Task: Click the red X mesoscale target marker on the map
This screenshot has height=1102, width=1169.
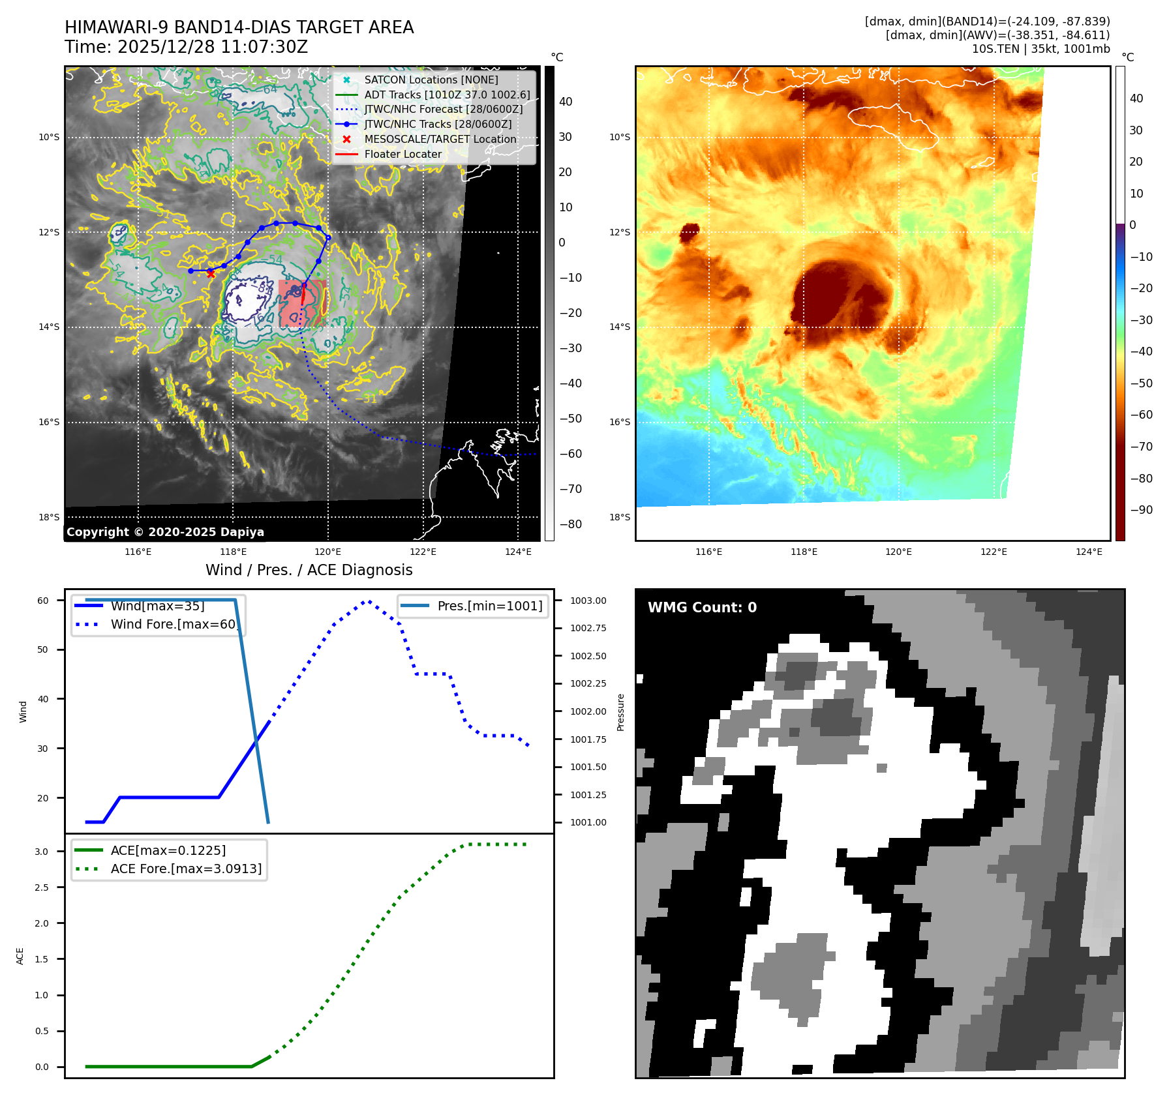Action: click(x=211, y=274)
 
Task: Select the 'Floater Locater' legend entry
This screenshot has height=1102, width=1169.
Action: click(x=402, y=155)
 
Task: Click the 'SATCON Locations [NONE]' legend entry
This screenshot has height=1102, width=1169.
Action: click(x=431, y=80)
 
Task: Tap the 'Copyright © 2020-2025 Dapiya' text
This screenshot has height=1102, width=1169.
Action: click(x=165, y=532)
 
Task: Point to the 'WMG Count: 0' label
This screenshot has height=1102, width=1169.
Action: click(x=702, y=608)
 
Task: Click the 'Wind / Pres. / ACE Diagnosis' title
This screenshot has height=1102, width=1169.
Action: click(x=309, y=570)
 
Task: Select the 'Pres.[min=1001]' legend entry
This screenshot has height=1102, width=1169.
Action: click(x=489, y=606)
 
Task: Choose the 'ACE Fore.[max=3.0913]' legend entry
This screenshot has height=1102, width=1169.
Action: click(x=186, y=869)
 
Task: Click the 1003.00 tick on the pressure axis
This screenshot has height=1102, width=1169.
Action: click(x=588, y=601)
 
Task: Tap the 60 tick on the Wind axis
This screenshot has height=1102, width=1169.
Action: click(x=43, y=601)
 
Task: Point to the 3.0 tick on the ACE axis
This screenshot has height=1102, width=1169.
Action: click(x=42, y=852)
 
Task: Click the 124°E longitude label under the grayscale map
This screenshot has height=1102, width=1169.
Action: click(x=518, y=552)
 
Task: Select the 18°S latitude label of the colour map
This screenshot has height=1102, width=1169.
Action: click(x=620, y=517)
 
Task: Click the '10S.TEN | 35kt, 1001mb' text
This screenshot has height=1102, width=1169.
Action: click(x=1040, y=49)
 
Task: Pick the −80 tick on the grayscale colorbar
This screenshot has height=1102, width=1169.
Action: click(x=570, y=524)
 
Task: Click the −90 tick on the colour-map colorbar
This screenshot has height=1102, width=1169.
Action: click(x=1141, y=510)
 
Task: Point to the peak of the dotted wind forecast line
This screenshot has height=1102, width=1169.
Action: click(x=368, y=601)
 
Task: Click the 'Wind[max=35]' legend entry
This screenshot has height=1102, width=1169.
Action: click(x=157, y=606)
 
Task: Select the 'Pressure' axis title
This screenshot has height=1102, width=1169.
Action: click(x=620, y=712)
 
